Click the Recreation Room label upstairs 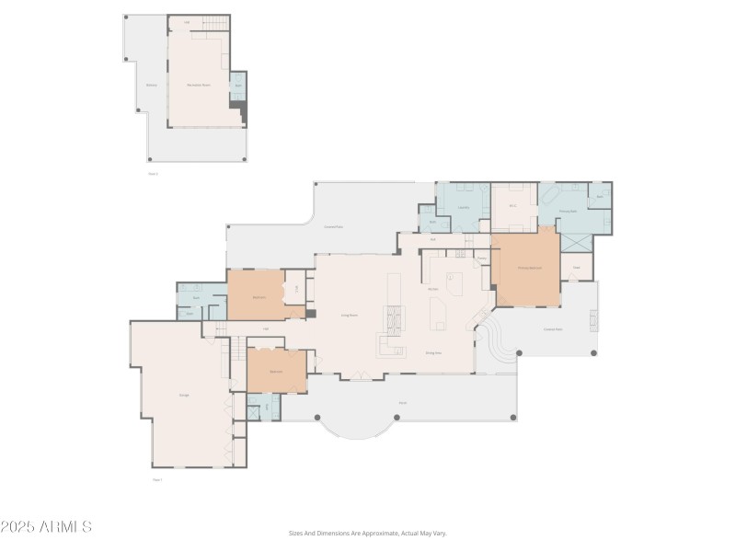199,85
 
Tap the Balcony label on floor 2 151,85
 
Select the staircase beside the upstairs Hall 215,22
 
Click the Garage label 184,395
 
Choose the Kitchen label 432,289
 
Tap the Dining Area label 434,352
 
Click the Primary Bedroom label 529,268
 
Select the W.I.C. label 513,207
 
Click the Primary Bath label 568,211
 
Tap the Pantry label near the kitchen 482,259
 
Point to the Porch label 403,402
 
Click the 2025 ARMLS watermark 46,527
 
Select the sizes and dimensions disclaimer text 368,533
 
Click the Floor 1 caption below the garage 156,479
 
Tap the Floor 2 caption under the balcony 154,172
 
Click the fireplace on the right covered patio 592,319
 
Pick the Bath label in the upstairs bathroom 237,86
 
